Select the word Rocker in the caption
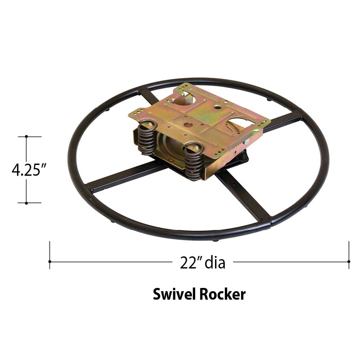[222, 294]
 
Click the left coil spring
[147, 138]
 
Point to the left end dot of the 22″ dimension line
[50, 262]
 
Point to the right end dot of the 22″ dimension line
[349, 262]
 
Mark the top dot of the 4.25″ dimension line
[26, 136]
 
